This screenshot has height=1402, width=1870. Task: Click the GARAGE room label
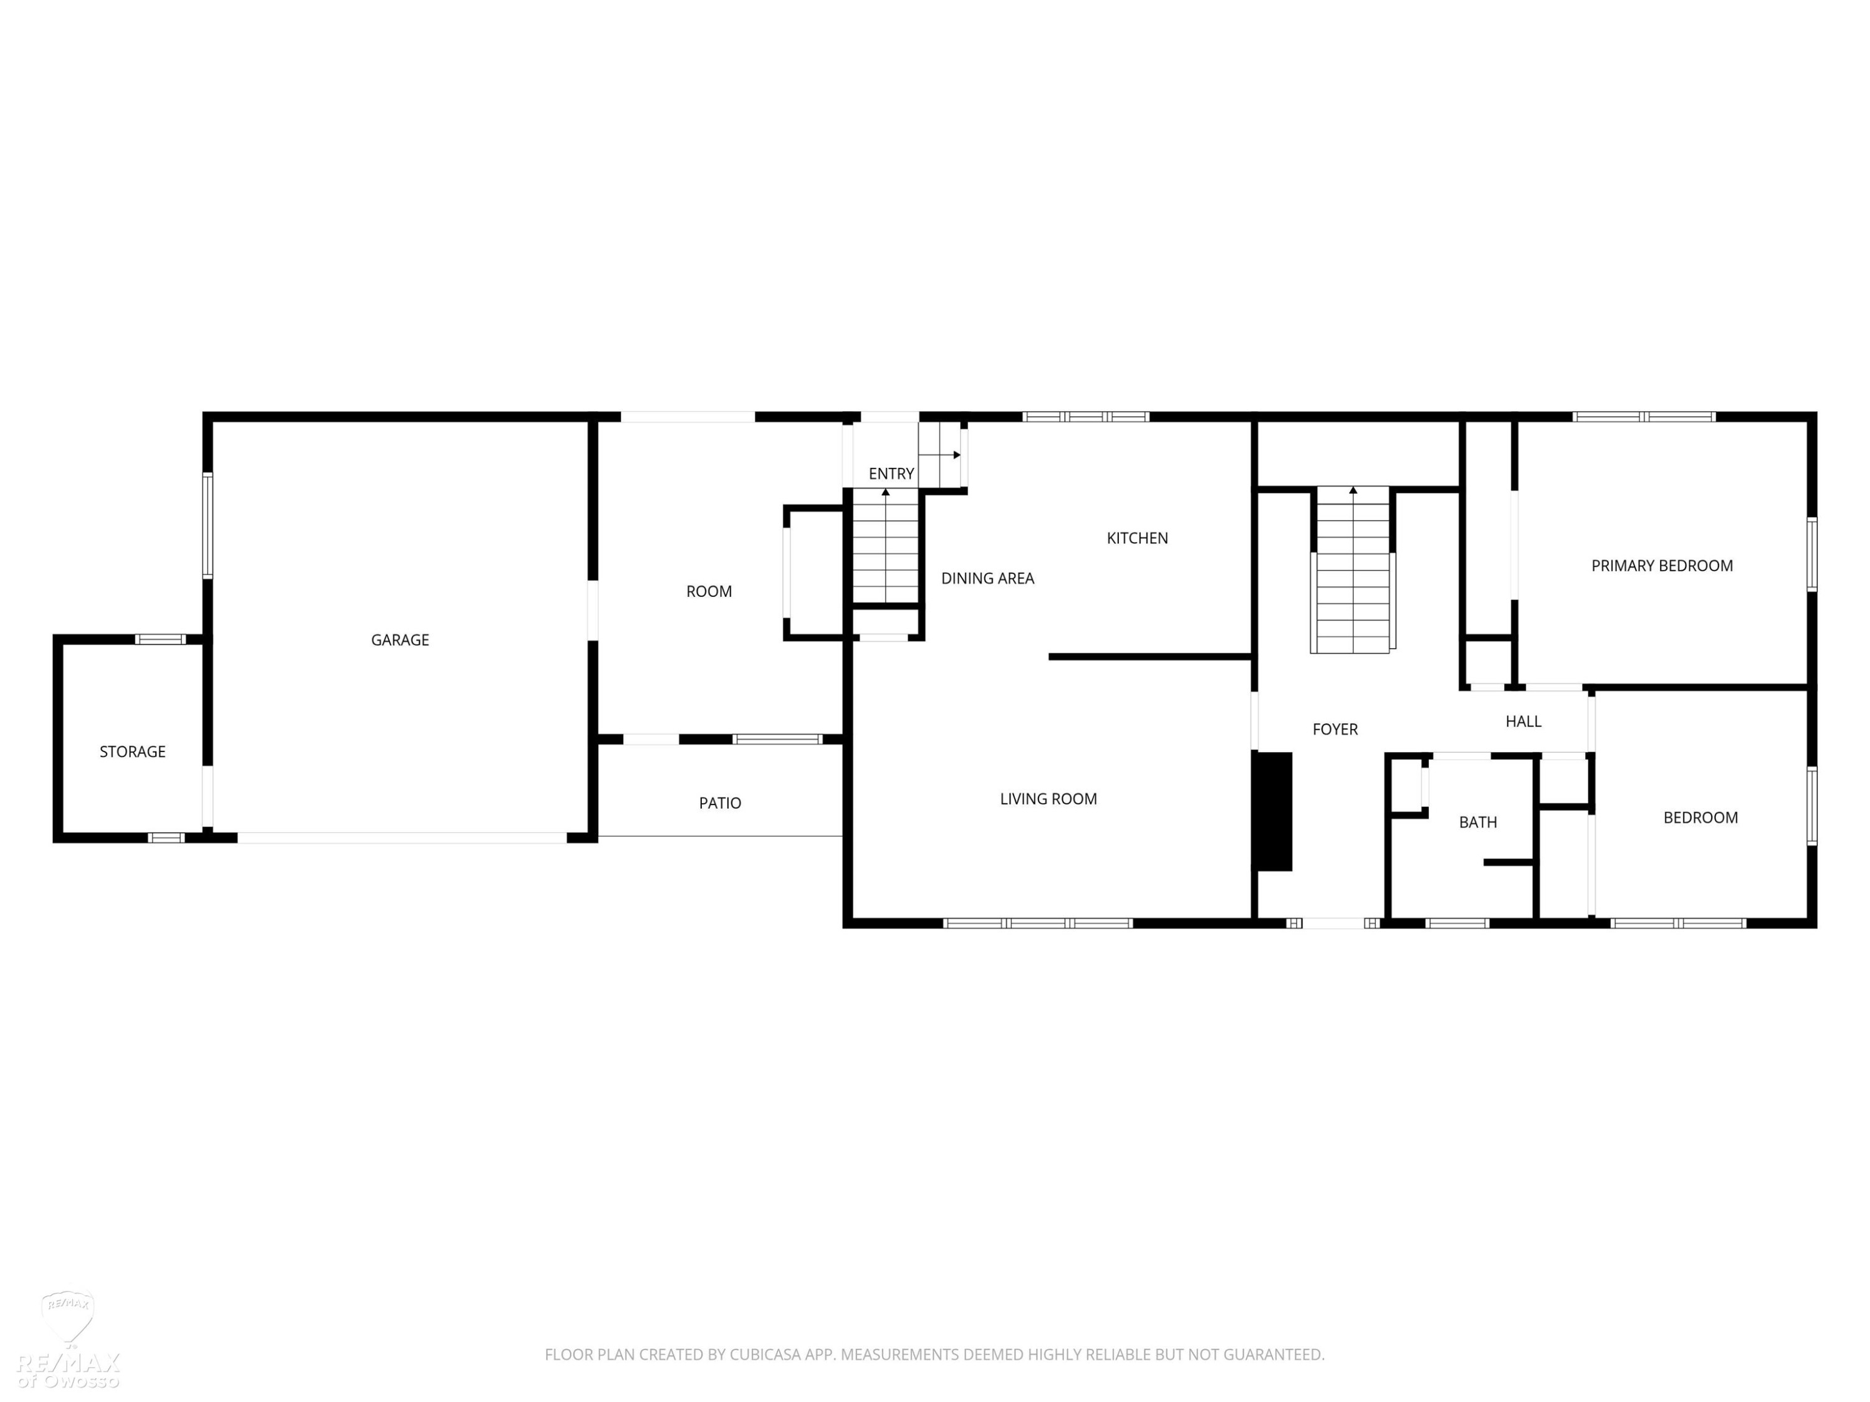tap(400, 640)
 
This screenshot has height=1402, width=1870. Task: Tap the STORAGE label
tap(133, 751)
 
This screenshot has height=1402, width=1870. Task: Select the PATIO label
tap(721, 803)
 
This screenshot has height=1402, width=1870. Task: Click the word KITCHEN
tap(1137, 538)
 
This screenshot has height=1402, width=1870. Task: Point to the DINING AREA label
tap(987, 578)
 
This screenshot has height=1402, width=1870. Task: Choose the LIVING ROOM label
tap(1048, 799)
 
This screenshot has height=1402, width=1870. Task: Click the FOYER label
tap(1335, 728)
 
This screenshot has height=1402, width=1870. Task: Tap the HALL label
tap(1523, 721)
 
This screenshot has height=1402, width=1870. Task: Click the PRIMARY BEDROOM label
tap(1662, 565)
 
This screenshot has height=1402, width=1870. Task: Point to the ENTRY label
tap(891, 473)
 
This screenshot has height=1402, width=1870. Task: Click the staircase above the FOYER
tap(1353, 570)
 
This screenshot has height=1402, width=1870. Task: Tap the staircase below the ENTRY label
tap(885, 545)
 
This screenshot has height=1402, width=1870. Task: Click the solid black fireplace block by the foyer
tap(1272, 811)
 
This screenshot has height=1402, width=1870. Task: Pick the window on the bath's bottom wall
tap(1457, 923)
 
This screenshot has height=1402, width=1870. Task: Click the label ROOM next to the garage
tap(709, 591)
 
